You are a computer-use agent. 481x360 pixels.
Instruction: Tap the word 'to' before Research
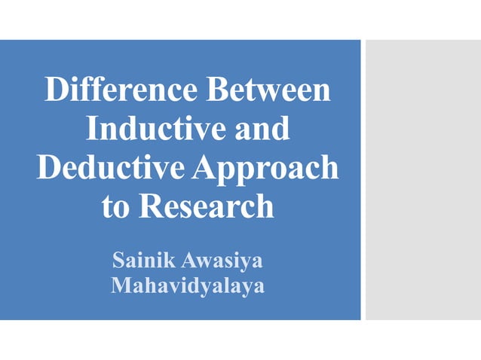115,206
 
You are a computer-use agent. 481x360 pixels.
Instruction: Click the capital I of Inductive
92,128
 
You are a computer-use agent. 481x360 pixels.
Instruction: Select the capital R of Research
149,206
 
